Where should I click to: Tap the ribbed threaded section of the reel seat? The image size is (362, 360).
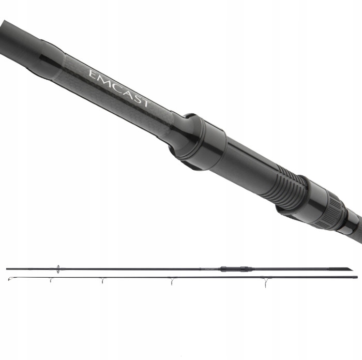click(287, 186)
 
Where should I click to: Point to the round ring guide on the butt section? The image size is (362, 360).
click(58, 268)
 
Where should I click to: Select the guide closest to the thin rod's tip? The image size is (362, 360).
click(51, 280)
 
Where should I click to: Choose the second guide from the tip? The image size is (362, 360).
click(102, 280)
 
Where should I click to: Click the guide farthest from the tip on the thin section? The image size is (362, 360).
click(265, 281)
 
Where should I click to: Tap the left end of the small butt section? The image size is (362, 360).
click(7, 268)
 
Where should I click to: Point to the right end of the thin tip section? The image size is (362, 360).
click(356, 277)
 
